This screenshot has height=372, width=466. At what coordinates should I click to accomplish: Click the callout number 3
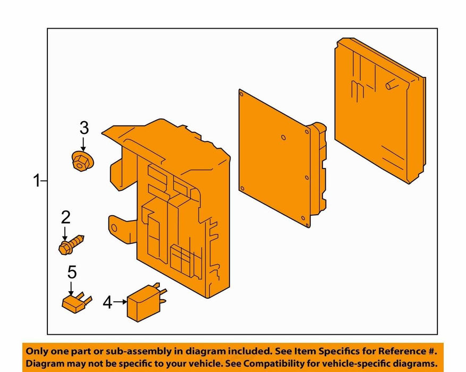(x=84, y=128)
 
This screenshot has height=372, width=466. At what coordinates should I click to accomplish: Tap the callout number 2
(x=66, y=217)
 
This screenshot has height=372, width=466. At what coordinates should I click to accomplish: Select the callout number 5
(x=72, y=273)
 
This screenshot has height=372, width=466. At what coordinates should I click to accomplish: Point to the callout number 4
(x=107, y=302)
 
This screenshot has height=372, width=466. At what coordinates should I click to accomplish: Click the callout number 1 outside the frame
(x=37, y=181)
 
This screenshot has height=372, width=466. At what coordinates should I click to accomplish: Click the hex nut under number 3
(x=82, y=161)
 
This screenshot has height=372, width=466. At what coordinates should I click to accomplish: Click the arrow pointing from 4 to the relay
(x=120, y=302)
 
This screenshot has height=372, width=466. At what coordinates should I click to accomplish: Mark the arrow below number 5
(x=71, y=289)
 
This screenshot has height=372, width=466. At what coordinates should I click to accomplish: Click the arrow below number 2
(x=65, y=234)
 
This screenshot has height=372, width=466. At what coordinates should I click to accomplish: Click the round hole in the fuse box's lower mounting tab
(x=114, y=228)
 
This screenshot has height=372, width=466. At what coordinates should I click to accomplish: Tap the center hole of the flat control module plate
(x=284, y=138)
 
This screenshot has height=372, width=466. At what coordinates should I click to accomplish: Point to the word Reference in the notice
(x=398, y=351)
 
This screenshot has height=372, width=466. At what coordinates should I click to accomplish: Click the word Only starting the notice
(x=37, y=352)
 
